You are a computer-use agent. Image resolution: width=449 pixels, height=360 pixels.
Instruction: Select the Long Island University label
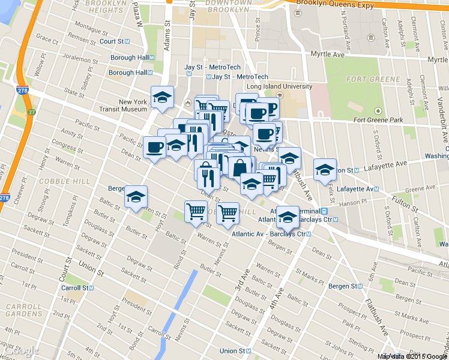pyautogui.click(x=280, y=86)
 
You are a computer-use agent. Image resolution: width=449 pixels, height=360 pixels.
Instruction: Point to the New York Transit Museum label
pyautogui.click(x=124, y=106)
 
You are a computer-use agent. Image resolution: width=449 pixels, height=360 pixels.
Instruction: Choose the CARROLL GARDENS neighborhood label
pyautogui.click(x=23, y=310)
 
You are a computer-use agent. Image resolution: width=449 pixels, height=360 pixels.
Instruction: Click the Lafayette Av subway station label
pyautogui.click(x=357, y=188)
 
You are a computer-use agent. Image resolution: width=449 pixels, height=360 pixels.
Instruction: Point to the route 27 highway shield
pyautogui.click(x=31, y=112)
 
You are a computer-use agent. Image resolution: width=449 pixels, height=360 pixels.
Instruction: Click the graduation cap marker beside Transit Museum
pyautogui.click(x=161, y=98)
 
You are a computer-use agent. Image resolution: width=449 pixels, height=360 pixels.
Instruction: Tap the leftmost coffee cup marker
pyautogui.click(x=154, y=148)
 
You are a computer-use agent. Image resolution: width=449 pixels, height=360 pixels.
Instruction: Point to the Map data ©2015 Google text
pyautogui.click(x=412, y=356)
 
